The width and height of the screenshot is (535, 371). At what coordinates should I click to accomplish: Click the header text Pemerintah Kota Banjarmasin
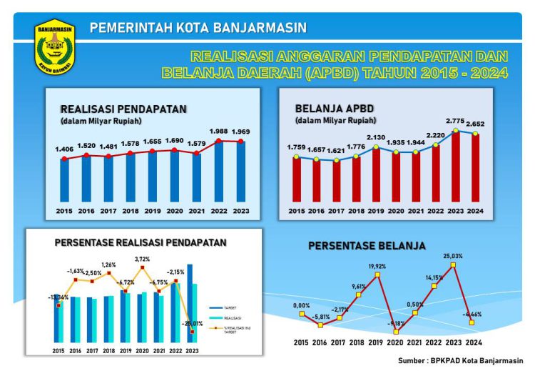(x=198, y=28)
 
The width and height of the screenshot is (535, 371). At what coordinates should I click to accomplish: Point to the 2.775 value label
(x=454, y=121)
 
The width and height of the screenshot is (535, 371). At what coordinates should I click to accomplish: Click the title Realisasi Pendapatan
(x=123, y=109)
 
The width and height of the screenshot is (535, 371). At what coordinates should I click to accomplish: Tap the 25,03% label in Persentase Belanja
(x=452, y=255)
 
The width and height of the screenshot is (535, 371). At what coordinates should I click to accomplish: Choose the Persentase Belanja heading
(x=367, y=246)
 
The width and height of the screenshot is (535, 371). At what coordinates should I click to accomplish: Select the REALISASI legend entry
(x=230, y=318)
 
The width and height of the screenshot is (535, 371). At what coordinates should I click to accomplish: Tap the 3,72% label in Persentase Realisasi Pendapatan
(x=143, y=259)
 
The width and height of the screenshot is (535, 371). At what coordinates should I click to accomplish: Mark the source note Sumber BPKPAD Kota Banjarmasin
(x=461, y=361)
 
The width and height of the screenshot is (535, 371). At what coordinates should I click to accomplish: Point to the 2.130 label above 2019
(x=375, y=137)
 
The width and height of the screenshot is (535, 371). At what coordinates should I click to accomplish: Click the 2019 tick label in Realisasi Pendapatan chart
(x=153, y=212)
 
